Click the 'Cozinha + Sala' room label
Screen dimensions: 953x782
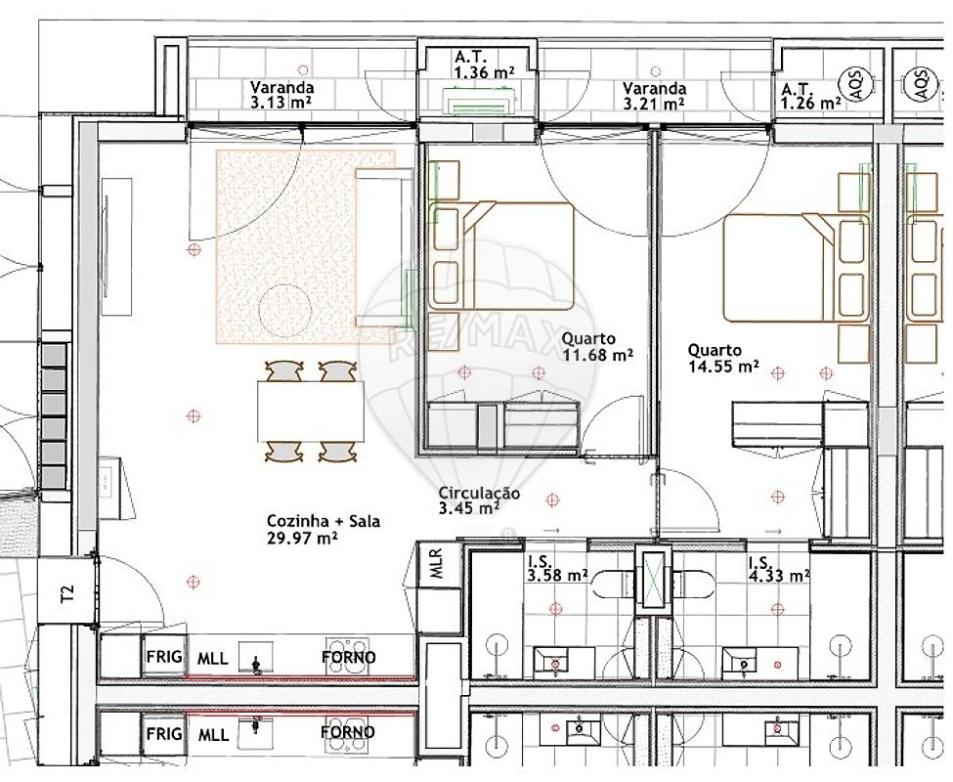click(x=324, y=521)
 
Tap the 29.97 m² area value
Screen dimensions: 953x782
click(x=302, y=539)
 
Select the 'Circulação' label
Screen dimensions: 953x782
click(x=479, y=494)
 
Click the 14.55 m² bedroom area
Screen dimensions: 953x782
click(x=723, y=367)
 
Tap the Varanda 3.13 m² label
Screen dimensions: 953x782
click(x=282, y=95)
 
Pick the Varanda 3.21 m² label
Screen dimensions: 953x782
click(x=654, y=96)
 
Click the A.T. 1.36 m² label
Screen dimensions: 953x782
click(x=485, y=65)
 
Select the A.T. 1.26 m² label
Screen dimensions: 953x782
click(x=810, y=96)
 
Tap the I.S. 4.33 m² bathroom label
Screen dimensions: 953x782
click(x=779, y=568)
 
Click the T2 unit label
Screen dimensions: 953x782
click(x=68, y=592)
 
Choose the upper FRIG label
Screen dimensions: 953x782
click(x=163, y=657)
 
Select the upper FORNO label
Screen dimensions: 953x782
click(x=348, y=658)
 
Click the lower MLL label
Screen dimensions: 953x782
click(x=213, y=735)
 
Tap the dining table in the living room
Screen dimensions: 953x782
click(x=311, y=411)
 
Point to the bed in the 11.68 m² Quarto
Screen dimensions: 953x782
click(x=501, y=256)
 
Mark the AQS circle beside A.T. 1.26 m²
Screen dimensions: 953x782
click(x=848, y=84)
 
